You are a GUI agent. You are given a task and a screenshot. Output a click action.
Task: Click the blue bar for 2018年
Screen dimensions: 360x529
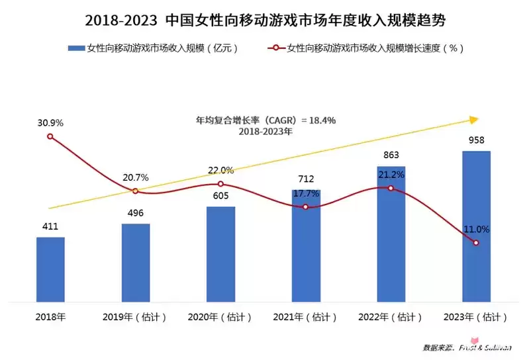click(x=50, y=268)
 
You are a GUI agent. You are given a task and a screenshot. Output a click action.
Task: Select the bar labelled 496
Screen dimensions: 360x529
click(x=136, y=261)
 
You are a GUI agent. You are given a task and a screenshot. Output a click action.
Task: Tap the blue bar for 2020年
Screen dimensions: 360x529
click(x=220, y=253)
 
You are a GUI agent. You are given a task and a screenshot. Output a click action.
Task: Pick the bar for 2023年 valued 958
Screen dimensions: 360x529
click(x=475, y=225)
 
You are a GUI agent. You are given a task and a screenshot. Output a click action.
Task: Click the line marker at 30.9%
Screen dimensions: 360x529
click(x=50, y=136)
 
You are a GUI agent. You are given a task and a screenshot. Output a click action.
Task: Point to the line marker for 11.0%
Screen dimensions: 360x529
click(x=475, y=243)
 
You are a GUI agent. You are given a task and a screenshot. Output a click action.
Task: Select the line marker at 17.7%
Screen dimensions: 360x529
click(x=305, y=207)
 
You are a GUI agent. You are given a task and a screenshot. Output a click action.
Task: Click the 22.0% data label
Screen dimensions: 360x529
click(x=220, y=170)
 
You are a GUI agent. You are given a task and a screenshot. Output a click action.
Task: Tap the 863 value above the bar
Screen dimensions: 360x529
click(x=391, y=155)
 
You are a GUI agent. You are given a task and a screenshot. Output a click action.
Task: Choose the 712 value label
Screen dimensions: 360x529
click(x=305, y=179)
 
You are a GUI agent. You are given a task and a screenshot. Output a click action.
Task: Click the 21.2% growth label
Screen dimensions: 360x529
click(x=391, y=175)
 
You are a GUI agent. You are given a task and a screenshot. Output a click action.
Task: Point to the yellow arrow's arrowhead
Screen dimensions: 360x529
click(x=473, y=120)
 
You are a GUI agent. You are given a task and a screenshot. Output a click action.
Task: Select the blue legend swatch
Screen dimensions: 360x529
click(x=75, y=48)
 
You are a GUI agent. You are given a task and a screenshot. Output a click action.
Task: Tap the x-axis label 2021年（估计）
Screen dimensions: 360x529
click(x=305, y=317)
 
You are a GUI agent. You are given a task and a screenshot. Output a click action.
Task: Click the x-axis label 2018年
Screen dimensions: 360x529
click(x=50, y=317)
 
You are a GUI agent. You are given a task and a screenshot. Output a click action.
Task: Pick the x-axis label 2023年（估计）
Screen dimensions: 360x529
click(x=475, y=317)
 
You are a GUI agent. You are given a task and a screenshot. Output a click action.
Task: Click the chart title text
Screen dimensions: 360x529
click(x=265, y=20)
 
